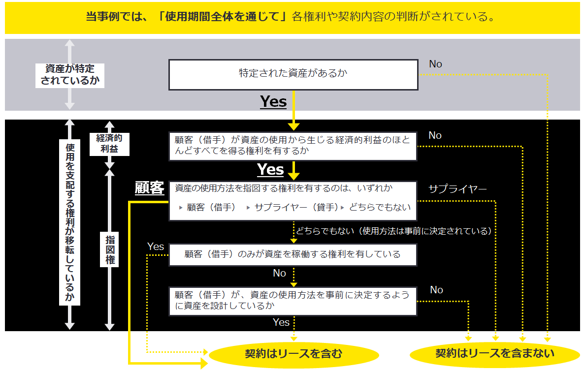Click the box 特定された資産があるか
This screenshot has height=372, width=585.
click(x=293, y=75)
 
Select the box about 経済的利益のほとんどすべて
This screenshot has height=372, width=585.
click(x=293, y=146)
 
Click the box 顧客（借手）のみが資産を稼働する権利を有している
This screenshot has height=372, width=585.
click(x=293, y=255)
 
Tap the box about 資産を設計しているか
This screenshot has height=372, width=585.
click(x=293, y=301)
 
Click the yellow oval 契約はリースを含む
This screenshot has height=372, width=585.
click(x=293, y=354)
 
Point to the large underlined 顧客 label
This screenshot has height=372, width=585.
click(x=150, y=188)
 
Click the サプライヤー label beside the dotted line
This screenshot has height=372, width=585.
click(x=457, y=189)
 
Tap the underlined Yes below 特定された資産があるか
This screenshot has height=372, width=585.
click(x=273, y=102)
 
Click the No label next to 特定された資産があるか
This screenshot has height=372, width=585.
click(x=435, y=64)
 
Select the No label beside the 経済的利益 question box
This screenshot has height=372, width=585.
click(x=435, y=135)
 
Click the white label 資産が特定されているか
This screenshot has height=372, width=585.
click(x=70, y=75)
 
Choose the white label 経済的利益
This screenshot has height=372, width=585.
click(x=109, y=144)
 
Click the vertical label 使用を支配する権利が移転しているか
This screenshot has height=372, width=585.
click(x=70, y=222)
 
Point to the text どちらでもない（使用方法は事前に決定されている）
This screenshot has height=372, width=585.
click(x=394, y=231)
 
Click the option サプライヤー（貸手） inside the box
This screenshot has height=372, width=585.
click(x=296, y=207)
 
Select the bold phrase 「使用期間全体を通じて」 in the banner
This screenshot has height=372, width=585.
click(x=222, y=17)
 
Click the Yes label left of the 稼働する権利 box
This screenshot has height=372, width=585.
click(x=156, y=247)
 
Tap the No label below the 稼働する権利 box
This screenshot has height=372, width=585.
click(x=279, y=273)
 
